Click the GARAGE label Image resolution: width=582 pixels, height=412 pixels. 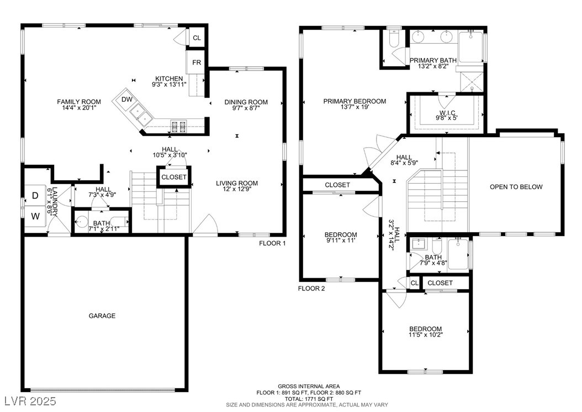[102, 316]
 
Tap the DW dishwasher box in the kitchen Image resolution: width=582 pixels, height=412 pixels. [127, 100]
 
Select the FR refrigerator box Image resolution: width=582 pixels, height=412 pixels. [197, 62]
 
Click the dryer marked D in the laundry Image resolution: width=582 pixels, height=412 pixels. [35, 196]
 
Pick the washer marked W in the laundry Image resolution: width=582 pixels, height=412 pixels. [35, 216]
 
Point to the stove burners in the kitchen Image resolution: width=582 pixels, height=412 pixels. [178, 126]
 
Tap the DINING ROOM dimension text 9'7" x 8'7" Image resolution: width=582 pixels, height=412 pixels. [246, 108]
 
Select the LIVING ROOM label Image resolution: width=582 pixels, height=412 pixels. [237, 183]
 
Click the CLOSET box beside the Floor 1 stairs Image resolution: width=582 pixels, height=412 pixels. [174, 178]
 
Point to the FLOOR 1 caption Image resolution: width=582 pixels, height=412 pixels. [272, 243]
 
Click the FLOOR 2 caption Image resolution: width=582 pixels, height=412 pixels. [311, 288]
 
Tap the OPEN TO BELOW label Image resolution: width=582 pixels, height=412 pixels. [516, 187]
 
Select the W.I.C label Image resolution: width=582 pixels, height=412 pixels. [447, 113]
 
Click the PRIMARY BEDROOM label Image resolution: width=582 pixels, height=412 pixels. [355, 101]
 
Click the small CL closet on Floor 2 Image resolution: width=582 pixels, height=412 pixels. [414, 283]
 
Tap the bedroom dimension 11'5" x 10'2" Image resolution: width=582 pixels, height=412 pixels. [426, 335]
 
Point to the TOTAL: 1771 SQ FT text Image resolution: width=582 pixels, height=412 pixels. [309, 399]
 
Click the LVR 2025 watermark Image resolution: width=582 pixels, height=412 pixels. [30, 401]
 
